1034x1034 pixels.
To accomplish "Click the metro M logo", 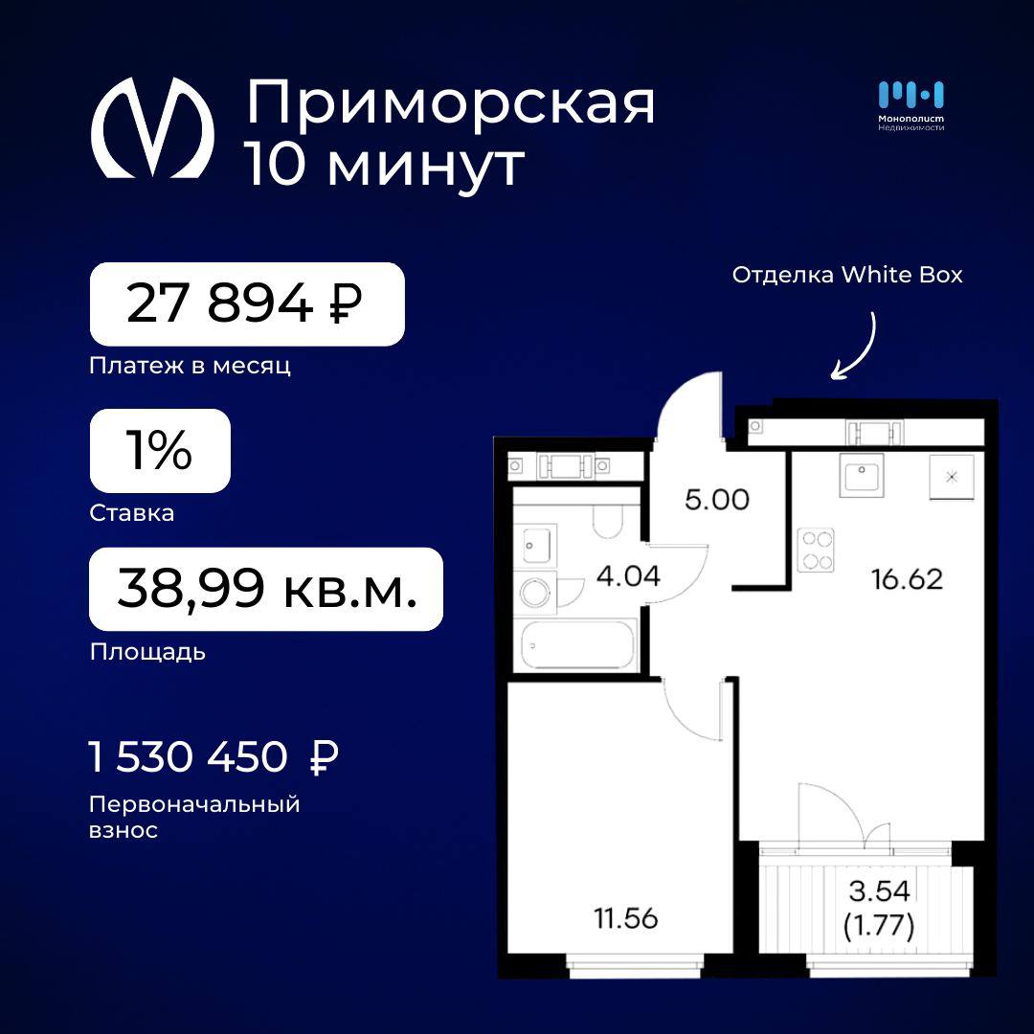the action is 152,127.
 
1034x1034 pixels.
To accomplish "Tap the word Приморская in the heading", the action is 451,103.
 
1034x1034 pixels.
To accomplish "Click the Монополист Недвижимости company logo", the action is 910,105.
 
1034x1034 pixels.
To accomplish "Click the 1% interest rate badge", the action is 160,450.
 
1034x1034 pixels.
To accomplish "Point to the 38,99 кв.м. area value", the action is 266,589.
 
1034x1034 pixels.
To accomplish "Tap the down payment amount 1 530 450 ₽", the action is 214,756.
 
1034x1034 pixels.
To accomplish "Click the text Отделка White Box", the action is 846,275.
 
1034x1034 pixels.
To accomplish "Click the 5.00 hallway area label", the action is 717,499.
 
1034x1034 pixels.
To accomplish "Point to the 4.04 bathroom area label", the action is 628,575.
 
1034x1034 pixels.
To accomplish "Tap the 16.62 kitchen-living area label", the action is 907,579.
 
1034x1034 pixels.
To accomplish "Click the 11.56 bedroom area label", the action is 626,918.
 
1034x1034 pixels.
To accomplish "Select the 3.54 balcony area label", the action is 879,891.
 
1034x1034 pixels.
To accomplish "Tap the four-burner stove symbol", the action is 816,550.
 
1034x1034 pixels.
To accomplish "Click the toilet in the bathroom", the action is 607,521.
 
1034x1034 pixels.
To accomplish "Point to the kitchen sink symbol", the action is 862,475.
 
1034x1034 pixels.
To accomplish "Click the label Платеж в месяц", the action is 190,366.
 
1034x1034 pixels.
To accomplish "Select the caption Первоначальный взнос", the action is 194,817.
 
